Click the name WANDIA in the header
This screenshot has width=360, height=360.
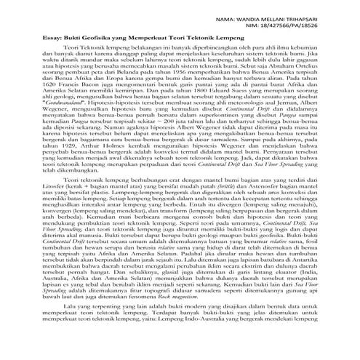pos(277,12)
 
